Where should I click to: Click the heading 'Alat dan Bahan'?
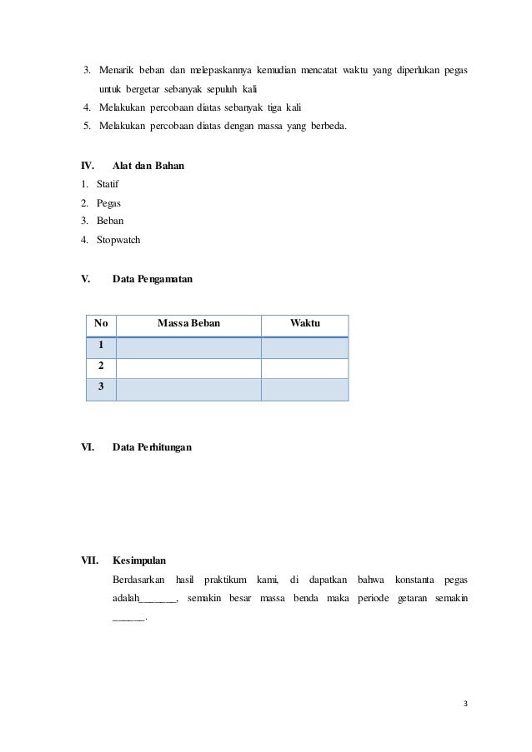point(148,167)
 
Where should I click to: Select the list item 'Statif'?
point(108,184)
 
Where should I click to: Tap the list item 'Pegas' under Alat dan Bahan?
point(108,202)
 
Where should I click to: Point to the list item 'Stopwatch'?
point(118,240)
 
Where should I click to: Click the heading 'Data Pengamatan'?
point(152,281)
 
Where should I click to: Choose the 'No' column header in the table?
point(101,323)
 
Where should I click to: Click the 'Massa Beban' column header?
point(189,323)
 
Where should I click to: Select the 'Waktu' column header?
point(304,323)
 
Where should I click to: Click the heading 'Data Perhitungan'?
point(152,447)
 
